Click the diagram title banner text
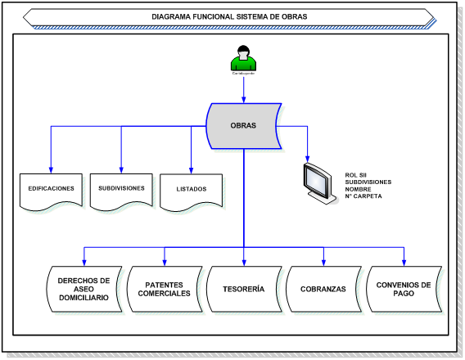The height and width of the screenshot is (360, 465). [x=230, y=16]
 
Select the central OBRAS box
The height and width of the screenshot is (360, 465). [x=243, y=126]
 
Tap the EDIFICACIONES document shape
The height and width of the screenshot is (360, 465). [x=51, y=190]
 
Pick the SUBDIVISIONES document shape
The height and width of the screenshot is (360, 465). [x=121, y=190]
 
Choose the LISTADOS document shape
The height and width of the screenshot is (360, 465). [x=192, y=190]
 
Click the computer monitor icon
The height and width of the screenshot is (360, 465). [x=319, y=183]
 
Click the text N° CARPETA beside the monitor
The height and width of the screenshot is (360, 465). [x=365, y=196]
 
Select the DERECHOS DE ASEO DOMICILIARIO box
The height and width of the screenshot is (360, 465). [x=84, y=290]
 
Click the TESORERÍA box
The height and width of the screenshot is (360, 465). [x=243, y=290]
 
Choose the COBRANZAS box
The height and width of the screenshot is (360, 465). [x=323, y=290]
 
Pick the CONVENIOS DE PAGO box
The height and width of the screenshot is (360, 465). [x=403, y=290]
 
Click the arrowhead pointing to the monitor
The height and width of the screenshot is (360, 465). [x=309, y=157]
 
